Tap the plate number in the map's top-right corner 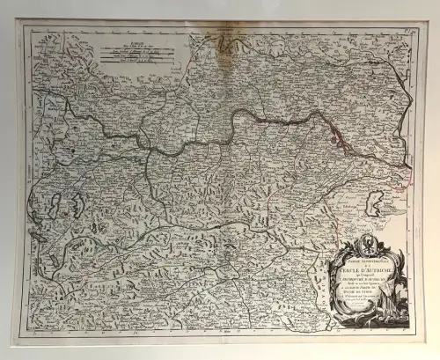(410, 31)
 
